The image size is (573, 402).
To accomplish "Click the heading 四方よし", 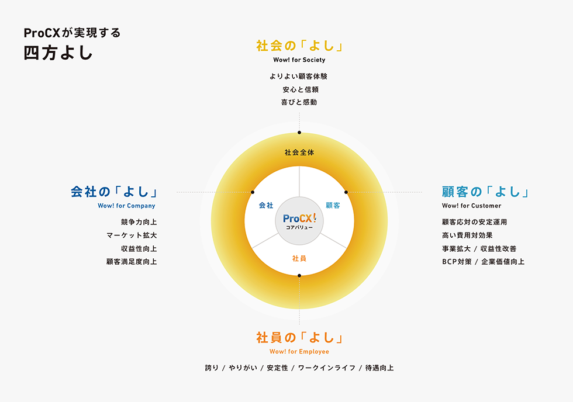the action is (58, 53).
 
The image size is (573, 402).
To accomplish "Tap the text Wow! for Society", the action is (299, 60).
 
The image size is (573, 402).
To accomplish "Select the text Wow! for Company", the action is (126, 206).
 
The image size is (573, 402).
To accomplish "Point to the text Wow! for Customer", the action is (471, 206).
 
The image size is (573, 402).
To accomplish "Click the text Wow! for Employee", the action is (299, 352).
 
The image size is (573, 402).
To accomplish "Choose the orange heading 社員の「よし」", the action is (299, 338).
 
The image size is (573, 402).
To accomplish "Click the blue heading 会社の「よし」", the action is (114, 192).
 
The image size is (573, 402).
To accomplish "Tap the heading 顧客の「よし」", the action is (485, 192).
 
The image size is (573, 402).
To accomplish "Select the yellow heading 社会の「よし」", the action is (299, 46).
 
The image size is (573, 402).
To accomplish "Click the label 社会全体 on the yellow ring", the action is (299, 153).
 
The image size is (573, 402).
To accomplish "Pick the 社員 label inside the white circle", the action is (299, 258).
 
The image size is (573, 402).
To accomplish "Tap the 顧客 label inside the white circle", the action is (333, 206).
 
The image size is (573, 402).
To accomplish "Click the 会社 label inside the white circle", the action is (266, 206).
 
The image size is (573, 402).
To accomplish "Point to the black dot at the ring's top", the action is (299, 133).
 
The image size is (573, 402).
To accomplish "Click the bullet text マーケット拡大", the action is (132, 235).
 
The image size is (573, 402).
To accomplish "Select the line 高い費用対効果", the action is (467, 235).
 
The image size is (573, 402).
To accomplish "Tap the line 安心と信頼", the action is (301, 89).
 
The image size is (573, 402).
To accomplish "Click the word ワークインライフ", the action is (327, 368).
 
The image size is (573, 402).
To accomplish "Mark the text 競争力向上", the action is (139, 222).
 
